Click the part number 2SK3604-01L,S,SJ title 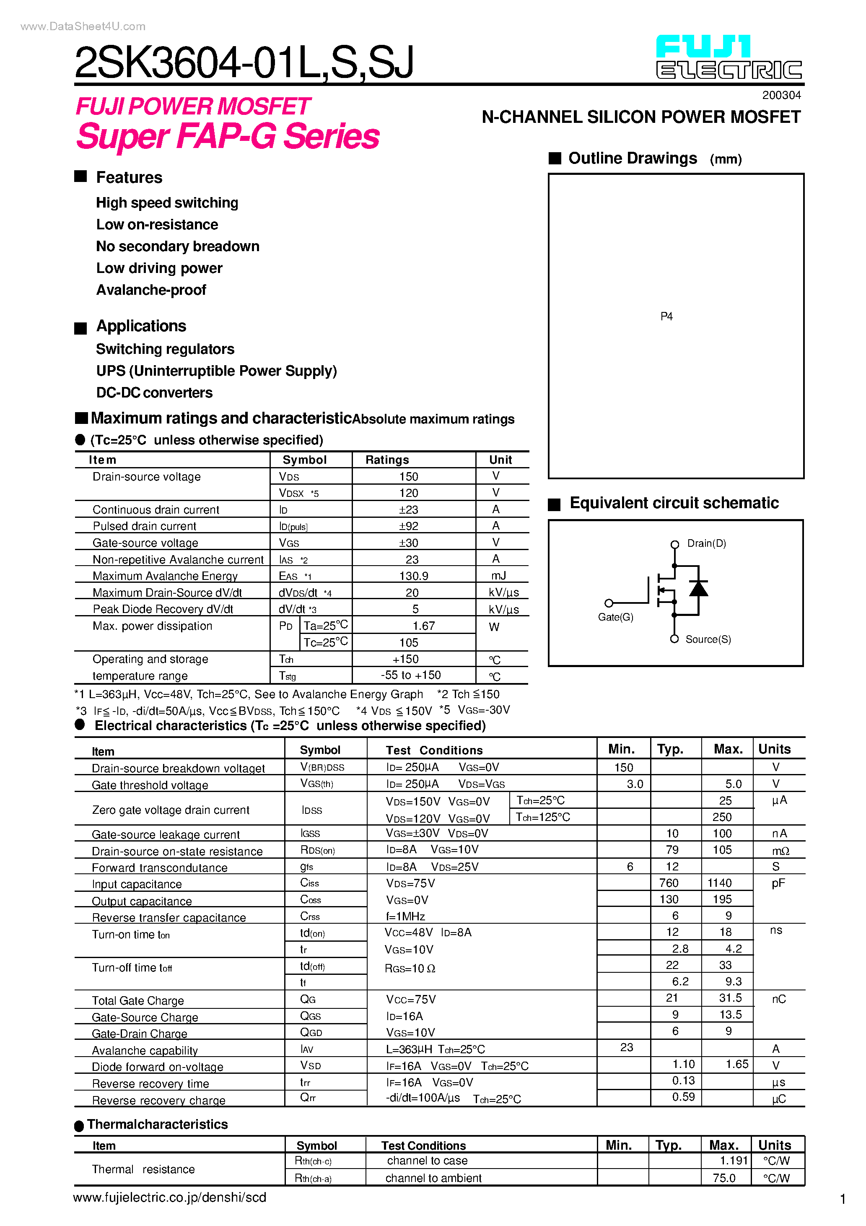pyautogui.click(x=244, y=63)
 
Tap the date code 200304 pyautogui.click(x=781, y=95)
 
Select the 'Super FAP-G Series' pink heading pyautogui.click(x=228, y=136)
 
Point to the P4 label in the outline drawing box pyautogui.click(x=666, y=317)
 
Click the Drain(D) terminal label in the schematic pyautogui.click(x=706, y=543)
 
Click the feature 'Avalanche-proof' pyautogui.click(x=151, y=290)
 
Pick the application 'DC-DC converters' pyautogui.click(x=154, y=393)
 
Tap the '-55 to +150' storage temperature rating pyautogui.click(x=411, y=675)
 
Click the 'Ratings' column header pyautogui.click(x=387, y=460)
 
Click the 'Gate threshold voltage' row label pyautogui.click(x=150, y=785)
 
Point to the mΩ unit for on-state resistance pyautogui.click(x=780, y=851)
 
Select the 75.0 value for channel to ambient pyautogui.click(x=723, y=1178)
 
